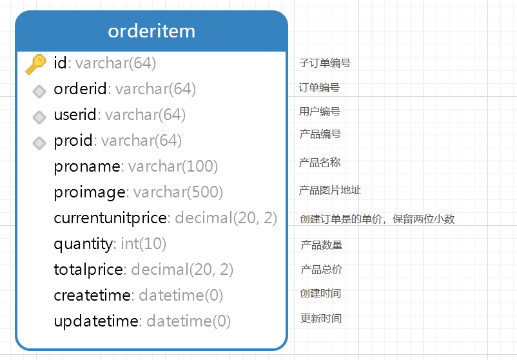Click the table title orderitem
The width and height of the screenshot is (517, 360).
[x=151, y=31]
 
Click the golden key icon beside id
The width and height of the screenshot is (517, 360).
[x=35, y=63]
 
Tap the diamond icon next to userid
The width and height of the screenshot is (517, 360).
[x=39, y=117]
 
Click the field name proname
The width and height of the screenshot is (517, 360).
[x=87, y=166]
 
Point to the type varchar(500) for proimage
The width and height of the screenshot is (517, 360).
[x=178, y=192]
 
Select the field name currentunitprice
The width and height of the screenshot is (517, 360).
[x=110, y=218]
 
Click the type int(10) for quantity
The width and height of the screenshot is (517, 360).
[x=143, y=244]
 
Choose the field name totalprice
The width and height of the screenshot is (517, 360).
[x=88, y=270]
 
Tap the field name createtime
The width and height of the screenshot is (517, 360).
[x=92, y=295]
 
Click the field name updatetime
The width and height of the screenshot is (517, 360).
[x=96, y=321]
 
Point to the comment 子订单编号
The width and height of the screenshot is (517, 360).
[x=325, y=63]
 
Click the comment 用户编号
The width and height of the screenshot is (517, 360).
[x=320, y=112]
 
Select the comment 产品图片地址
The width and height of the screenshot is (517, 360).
[x=330, y=190]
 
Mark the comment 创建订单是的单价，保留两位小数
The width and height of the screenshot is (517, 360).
[x=377, y=219]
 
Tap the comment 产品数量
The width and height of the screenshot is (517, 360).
[x=321, y=245]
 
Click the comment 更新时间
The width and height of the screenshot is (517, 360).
[x=321, y=318]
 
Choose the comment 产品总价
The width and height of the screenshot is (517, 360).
[x=321, y=270]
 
